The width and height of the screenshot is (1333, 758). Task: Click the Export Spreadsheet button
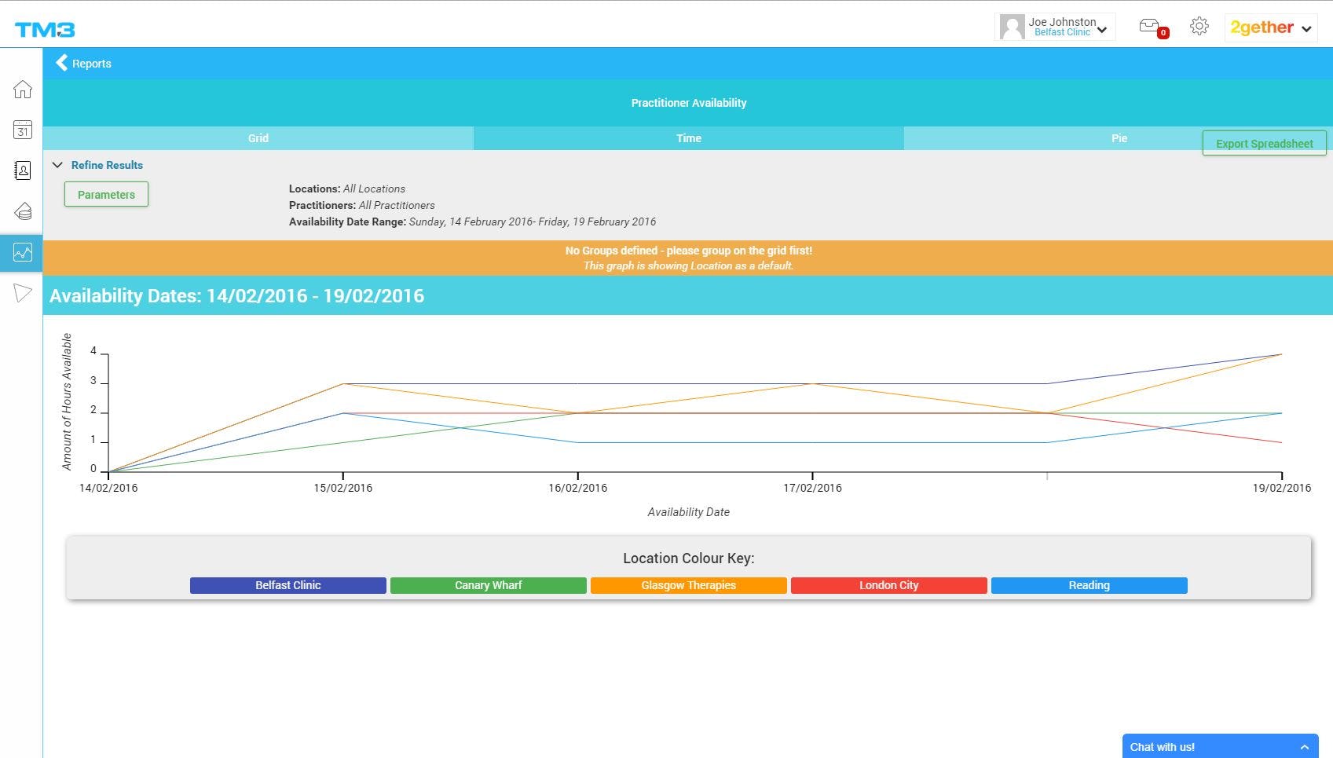click(x=1264, y=144)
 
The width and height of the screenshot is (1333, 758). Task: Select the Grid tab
click(x=258, y=138)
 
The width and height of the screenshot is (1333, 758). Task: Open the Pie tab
click(x=1119, y=138)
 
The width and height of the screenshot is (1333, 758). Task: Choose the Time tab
click(x=688, y=138)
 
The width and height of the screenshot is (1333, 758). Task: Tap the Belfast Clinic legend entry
click(x=287, y=585)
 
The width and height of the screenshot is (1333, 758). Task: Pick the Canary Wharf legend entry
click(x=488, y=585)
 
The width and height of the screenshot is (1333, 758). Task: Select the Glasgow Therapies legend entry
click(x=688, y=585)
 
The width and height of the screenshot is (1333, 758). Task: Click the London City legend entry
click(x=888, y=585)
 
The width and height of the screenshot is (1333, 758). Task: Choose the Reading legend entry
click(x=1089, y=585)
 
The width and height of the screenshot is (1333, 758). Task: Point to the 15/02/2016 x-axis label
click(x=342, y=488)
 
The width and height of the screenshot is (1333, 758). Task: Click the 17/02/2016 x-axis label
click(x=812, y=488)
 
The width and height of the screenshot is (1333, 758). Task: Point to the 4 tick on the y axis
click(x=93, y=351)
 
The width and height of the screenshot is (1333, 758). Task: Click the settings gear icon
click(x=1199, y=27)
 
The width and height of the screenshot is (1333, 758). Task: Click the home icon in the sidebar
click(x=22, y=90)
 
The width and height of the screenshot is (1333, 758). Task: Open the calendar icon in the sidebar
click(x=22, y=130)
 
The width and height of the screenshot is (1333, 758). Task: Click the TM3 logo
click(x=45, y=30)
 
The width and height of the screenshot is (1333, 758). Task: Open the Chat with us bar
click(x=1220, y=747)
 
